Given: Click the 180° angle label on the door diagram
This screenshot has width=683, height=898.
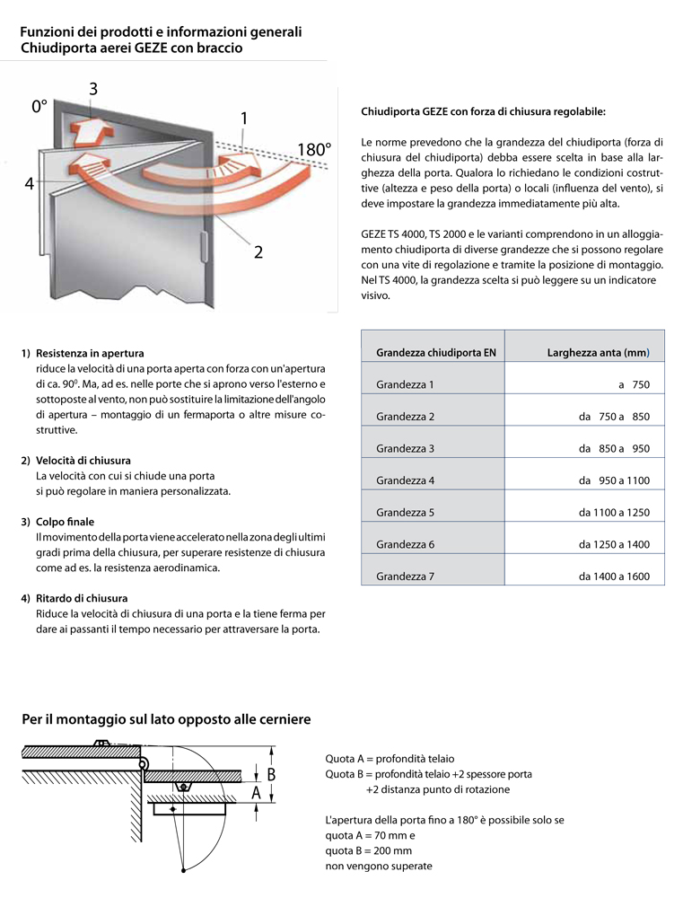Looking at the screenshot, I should click(x=314, y=150).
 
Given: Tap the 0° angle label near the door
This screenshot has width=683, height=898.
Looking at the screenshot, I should click(x=39, y=106).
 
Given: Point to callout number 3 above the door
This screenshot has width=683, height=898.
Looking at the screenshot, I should click(x=93, y=88).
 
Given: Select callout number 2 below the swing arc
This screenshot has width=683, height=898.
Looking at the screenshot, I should click(x=258, y=252).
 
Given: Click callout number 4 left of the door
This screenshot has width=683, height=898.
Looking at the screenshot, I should click(x=29, y=184).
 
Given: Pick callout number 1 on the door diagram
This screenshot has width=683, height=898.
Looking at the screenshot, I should click(x=244, y=119).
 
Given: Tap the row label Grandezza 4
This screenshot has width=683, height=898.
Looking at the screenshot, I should click(x=405, y=480).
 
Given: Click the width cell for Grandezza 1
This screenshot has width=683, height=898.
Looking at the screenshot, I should click(x=633, y=385).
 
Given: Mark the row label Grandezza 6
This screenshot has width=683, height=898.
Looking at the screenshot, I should click(x=405, y=544).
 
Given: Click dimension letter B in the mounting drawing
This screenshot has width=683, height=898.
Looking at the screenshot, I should click(x=270, y=773).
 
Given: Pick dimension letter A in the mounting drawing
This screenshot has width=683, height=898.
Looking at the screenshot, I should click(x=257, y=794).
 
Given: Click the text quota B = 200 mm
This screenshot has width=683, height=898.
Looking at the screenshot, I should click(x=369, y=850).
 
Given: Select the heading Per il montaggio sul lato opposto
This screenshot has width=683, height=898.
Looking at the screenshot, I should click(x=166, y=719).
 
